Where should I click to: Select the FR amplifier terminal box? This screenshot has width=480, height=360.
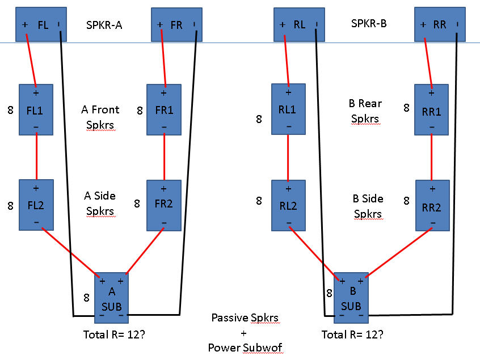pyautogui.click(x=176, y=25)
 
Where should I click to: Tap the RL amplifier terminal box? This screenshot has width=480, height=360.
pyautogui.click(x=299, y=25)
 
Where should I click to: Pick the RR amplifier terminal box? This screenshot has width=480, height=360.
pyautogui.click(x=440, y=25)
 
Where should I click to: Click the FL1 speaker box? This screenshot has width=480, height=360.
pyautogui.click(x=36, y=109)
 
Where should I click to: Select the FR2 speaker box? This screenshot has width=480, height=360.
pyautogui.click(x=163, y=204)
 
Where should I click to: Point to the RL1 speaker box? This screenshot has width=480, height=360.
pyautogui.click(x=288, y=109)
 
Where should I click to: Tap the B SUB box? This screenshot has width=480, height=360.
pyautogui.click(x=351, y=296)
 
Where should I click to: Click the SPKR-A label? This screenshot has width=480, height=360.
pyautogui.click(x=105, y=25)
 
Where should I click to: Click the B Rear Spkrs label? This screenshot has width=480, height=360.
pyautogui.click(x=365, y=111)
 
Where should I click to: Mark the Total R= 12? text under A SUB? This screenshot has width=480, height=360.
pyautogui.click(x=113, y=334)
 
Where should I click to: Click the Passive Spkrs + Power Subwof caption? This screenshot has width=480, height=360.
pyautogui.click(x=245, y=332)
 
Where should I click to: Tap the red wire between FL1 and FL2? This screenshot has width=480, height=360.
pyautogui.click(x=36, y=157)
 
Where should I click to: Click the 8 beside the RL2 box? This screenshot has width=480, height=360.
pyautogui.click(x=259, y=201)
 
